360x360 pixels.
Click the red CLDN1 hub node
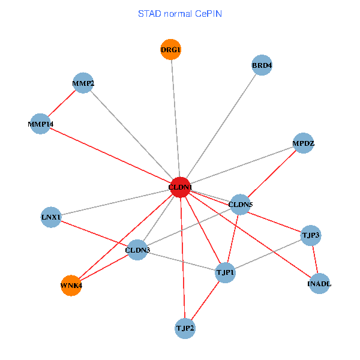(x=180, y=187)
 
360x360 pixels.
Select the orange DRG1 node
(x=171, y=49)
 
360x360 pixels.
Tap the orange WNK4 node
(x=71, y=286)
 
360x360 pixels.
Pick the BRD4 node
(x=262, y=65)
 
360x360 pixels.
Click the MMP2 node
(x=83, y=83)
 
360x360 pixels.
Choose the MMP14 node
(x=40, y=124)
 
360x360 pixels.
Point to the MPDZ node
(x=304, y=143)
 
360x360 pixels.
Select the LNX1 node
(x=51, y=217)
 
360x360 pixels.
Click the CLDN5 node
(x=240, y=205)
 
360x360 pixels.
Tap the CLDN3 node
(x=137, y=250)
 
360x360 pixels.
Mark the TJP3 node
(x=311, y=235)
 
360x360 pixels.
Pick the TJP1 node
(x=226, y=273)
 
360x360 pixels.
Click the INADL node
(x=319, y=283)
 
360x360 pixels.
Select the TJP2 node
(x=185, y=328)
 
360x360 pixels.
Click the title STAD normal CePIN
(x=180, y=13)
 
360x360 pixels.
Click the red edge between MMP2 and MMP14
(x=62, y=104)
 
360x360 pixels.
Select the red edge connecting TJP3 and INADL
(x=315, y=259)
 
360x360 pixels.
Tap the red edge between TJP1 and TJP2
(x=205, y=301)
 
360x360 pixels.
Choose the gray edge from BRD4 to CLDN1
(x=221, y=126)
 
